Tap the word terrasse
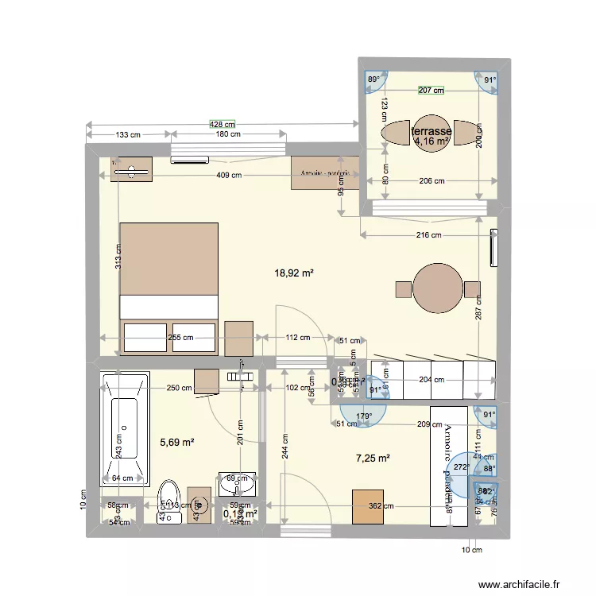coord(432,131)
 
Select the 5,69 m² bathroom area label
coord(178,443)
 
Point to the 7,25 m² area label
coord(373,458)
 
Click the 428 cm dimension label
coord(223,124)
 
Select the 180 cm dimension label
coord(228,135)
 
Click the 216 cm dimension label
coord(428,234)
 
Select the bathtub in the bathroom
coord(125,429)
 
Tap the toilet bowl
coord(169,494)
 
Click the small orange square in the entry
coord(367,506)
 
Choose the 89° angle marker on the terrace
coord(373,79)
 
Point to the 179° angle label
coord(364,416)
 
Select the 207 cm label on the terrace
coord(431,91)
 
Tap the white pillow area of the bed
coord(168,307)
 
